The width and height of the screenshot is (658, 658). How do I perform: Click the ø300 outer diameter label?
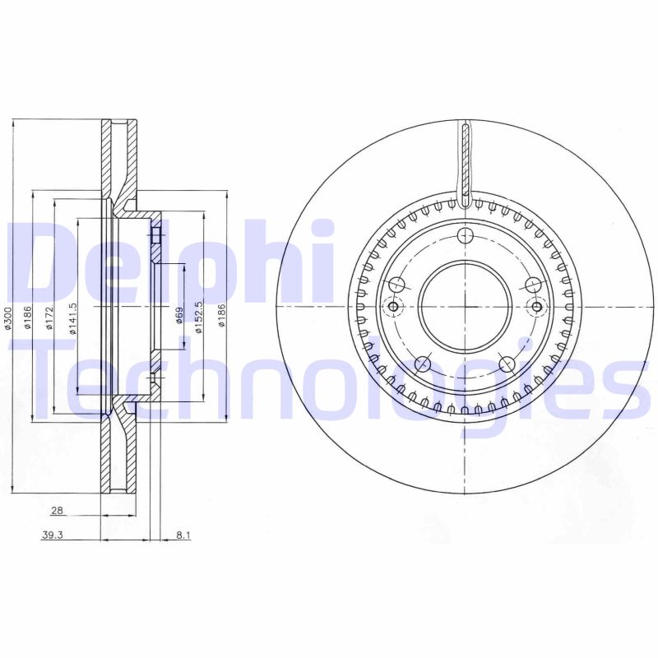[x=8, y=319]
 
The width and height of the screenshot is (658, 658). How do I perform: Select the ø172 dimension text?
[x=50, y=319]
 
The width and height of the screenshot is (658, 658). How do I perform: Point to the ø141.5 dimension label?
[x=72, y=319]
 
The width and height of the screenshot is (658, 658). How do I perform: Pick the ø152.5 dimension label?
[x=199, y=318]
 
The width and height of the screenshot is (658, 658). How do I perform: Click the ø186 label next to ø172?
[x=28, y=319]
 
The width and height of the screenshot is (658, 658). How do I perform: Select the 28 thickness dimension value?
[x=57, y=511]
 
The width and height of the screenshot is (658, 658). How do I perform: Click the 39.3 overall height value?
[x=53, y=535]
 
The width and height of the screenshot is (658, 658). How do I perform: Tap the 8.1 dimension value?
[x=183, y=535]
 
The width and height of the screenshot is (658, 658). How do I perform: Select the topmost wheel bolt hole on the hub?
[x=465, y=237]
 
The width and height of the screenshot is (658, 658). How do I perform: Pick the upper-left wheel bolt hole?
[x=396, y=285]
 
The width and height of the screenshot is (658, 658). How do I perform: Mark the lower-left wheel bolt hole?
[x=423, y=364]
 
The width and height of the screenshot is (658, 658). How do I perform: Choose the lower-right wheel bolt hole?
[x=507, y=364]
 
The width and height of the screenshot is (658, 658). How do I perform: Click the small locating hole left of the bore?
[x=392, y=307]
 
